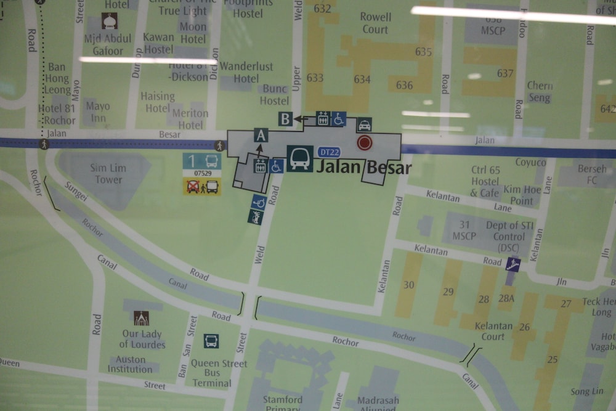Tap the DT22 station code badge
pyautogui.click(x=330, y=152)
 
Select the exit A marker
pyautogui.click(x=261, y=136)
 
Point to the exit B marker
pyautogui.click(x=285, y=119)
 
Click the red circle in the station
pyautogui.click(x=365, y=143)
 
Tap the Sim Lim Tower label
pyautogui.click(x=108, y=174)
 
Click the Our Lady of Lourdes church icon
pyautogui.click(x=142, y=318)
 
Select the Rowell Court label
pyautogui.click(x=375, y=23)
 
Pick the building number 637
pyautogui.click(x=505, y=73)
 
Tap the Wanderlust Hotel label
pyautogui.click(x=246, y=72)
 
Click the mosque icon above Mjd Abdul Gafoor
pyautogui.click(x=110, y=22)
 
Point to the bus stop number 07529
pyautogui.click(x=202, y=174)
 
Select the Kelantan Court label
pyautogui.click(x=493, y=331)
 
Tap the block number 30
pyautogui.click(x=409, y=285)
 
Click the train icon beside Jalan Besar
pyautogui.click(x=300, y=158)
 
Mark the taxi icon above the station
pyautogui.click(x=364, y=124)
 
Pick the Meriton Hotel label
pyautogui.click(x=190, y=119)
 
